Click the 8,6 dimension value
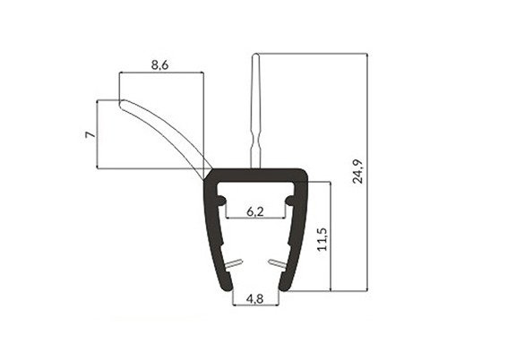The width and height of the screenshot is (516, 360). [159, 65]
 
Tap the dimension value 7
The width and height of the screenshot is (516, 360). [90, 134]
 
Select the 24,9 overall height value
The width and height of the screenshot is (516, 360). [357, 171]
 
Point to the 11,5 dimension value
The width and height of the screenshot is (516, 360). [322, 240]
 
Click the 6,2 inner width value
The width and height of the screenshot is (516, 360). [255, 211]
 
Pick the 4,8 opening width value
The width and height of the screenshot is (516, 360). [254, 299]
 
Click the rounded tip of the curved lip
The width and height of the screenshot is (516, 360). [121, 104]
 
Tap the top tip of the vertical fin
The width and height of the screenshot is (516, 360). [255, 56]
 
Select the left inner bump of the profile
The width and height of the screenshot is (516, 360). [222, 200]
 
